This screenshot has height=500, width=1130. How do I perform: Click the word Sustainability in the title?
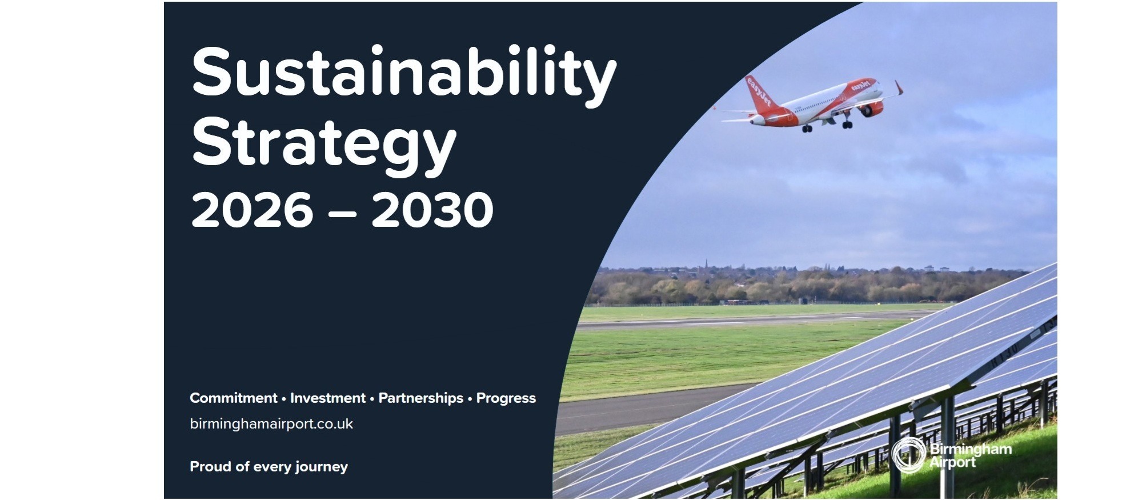tap(403, 73)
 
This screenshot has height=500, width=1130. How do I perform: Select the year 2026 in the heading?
tap(252, 210)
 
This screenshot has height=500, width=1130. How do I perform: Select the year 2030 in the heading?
tap(432, 210)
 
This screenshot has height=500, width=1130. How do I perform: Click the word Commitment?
tap(233, 398)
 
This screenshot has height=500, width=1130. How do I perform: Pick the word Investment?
tap(327, 398)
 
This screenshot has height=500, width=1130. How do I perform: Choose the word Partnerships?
tap(420, 398)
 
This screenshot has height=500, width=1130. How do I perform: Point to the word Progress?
tap(506, 398)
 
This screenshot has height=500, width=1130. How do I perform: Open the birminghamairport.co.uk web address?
tap(271, 424)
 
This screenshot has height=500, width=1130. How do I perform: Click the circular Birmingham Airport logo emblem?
tap(908, 455)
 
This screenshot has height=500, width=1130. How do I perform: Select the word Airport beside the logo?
tap(952, 462)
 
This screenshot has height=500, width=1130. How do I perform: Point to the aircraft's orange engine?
tap(870, 109)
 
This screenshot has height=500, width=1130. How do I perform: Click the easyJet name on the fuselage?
tap(860, 86)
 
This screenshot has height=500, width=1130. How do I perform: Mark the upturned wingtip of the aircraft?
tap(899, 87)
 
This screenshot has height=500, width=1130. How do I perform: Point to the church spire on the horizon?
tap(706, 263)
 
